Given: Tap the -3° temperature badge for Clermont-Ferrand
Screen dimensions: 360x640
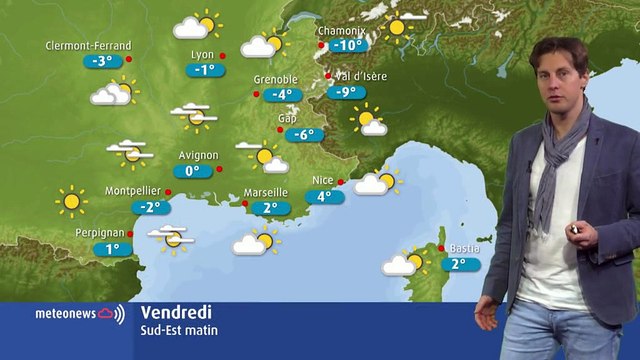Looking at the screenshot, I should [102, 61].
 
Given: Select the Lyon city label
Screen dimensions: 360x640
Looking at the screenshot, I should [201, 55].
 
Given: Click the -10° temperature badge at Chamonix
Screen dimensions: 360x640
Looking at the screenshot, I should [347, 46].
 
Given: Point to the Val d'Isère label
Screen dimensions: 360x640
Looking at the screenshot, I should [361, 76].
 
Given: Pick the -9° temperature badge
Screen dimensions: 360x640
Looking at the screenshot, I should [347, 93].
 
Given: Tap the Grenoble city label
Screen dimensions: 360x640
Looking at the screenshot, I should [276, 80].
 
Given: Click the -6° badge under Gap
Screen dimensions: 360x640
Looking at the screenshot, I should [302, 135].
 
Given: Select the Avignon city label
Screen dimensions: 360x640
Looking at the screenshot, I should [197, 155].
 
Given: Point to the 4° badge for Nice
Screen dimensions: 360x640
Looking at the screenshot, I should [324, 197].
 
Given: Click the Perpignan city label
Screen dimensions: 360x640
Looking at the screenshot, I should [99, 232].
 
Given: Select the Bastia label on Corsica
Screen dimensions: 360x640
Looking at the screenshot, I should [464, 248].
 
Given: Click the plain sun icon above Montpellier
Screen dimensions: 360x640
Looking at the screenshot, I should [71, 201].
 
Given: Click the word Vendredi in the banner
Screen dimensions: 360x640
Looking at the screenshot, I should [176, 312].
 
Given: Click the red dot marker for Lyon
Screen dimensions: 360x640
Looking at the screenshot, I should [222, 56].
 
